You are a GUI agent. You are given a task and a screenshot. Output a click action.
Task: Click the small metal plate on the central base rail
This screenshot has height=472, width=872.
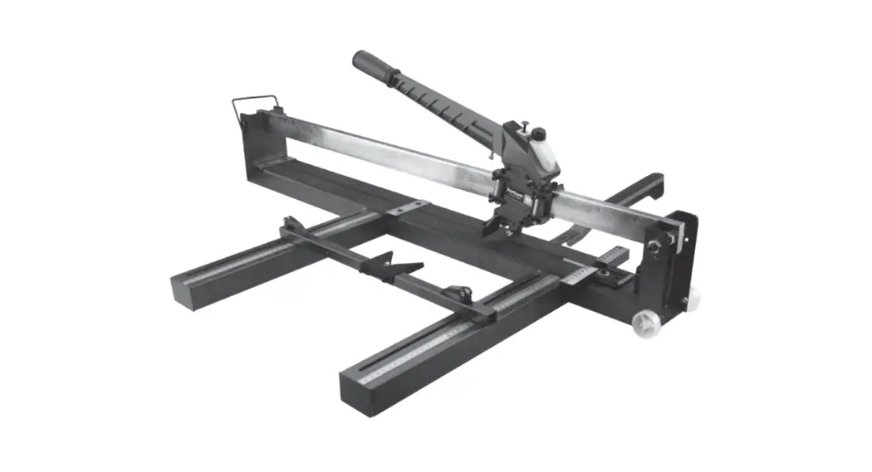coord(408,207)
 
